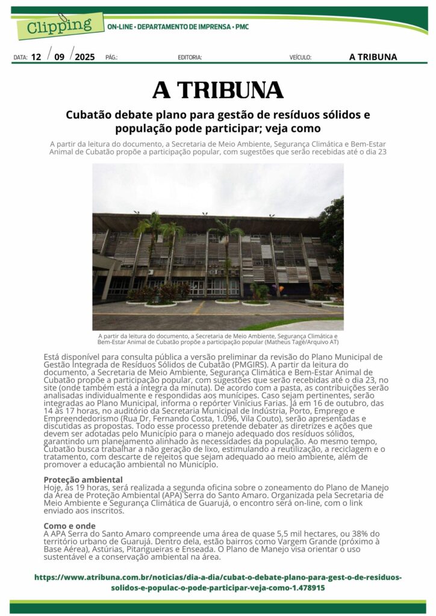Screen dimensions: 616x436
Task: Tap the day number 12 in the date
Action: [36, 57]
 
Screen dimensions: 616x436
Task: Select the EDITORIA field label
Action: [190, 58]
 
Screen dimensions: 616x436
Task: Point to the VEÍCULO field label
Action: [301, 58]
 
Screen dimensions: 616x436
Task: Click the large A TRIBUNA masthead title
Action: [218, 90]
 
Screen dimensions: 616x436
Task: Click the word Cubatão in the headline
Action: [90, 114]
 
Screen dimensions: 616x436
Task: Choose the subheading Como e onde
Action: [69, 526]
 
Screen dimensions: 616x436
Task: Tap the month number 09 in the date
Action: [59, 57]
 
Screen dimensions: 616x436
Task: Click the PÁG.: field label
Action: [111, 58]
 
